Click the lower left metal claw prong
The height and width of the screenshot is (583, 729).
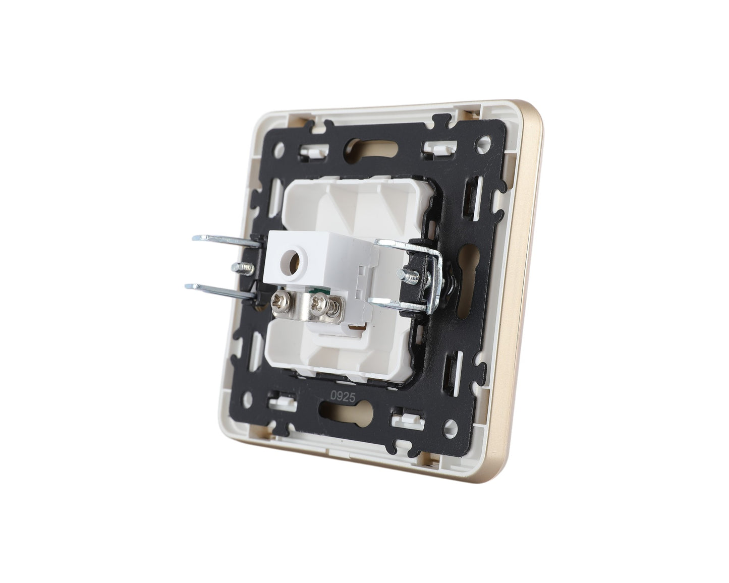click(220, 290)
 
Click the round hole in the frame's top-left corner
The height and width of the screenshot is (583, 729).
click(280, 148)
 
